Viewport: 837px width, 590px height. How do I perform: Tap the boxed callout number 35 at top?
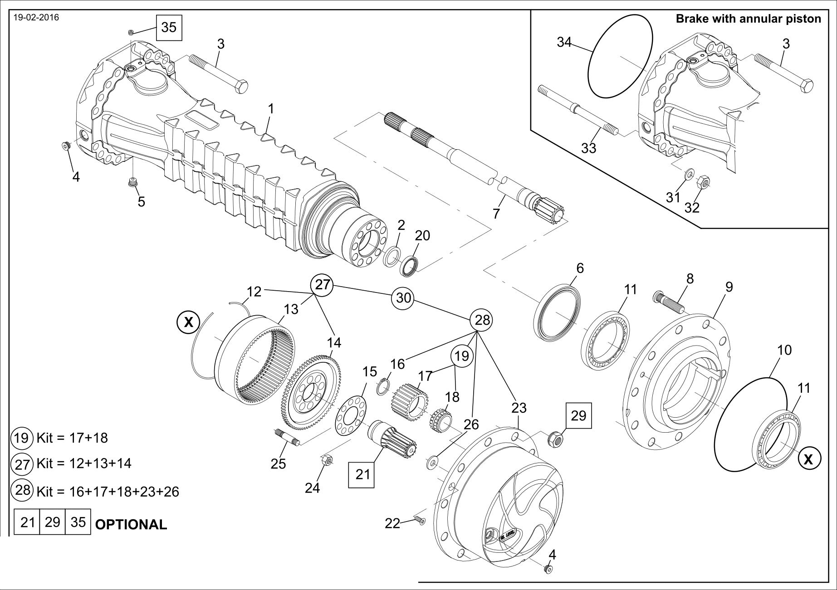[169, 27]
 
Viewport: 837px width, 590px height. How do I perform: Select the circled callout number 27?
[322, 285]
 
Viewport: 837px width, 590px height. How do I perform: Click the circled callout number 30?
[403, 297]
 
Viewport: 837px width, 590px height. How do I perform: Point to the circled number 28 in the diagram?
[481, 320]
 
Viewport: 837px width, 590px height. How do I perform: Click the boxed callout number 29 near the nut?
[579, 415]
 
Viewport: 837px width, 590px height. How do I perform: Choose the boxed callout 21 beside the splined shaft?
[362, 474]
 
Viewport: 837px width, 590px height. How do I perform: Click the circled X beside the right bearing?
[808, 460]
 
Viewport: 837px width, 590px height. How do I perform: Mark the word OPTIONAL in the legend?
[131, 524]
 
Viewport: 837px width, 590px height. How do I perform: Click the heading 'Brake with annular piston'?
[749, 19]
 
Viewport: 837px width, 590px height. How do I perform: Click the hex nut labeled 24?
[327, 461]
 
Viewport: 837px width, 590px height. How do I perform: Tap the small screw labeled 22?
[420, 520]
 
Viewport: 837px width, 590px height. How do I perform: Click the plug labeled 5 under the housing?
[133, 183]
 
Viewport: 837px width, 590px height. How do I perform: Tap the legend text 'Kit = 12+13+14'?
[84, 463]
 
